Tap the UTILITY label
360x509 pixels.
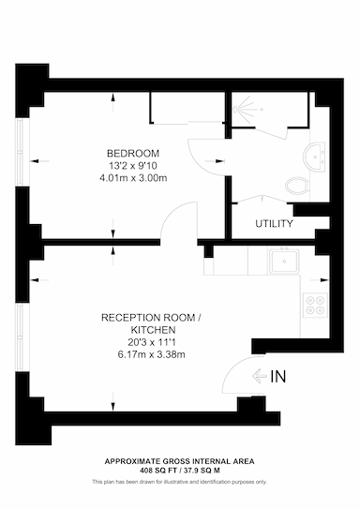coord(275,224)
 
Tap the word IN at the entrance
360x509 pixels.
coord(277,378)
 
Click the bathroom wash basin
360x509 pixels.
coord(316,153)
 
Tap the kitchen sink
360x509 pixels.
coord(281,262)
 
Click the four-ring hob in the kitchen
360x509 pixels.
coord(312,305)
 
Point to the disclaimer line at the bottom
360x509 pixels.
coord(179,482)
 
